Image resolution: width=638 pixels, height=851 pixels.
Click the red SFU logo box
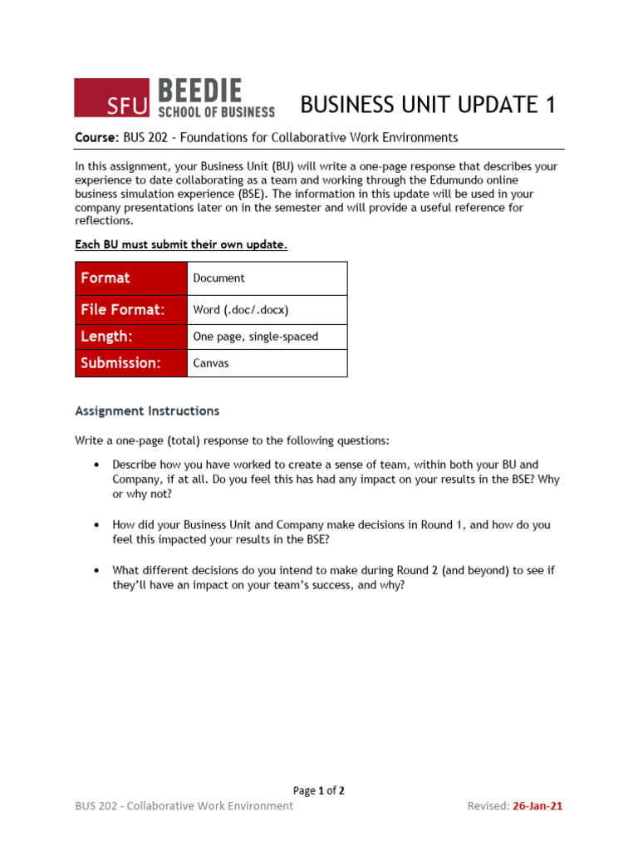(x=112, y=97)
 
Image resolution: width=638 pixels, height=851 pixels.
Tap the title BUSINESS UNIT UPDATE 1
(x=428, y=105)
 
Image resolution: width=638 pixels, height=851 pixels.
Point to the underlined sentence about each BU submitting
(x=181, y=244)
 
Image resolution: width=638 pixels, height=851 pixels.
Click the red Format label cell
(x=131, y=278)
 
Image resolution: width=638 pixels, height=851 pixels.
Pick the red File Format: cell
(x=131, y=310)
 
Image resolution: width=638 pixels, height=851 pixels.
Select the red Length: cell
(x=131, y=337)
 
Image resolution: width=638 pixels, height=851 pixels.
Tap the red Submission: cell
(x=131, y=363)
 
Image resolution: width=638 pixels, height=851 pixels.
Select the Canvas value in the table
(x=211, y=363)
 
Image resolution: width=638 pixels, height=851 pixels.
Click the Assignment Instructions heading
(x=147, y=411)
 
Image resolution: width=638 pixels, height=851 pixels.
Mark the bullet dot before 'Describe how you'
(x=97, y=465)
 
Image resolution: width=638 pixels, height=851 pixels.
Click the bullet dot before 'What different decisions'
(x=97, y=570)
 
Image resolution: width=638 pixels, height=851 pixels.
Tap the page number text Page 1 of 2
(x=319, y=790)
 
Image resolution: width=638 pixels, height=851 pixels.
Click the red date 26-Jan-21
(x=537, y=805)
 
